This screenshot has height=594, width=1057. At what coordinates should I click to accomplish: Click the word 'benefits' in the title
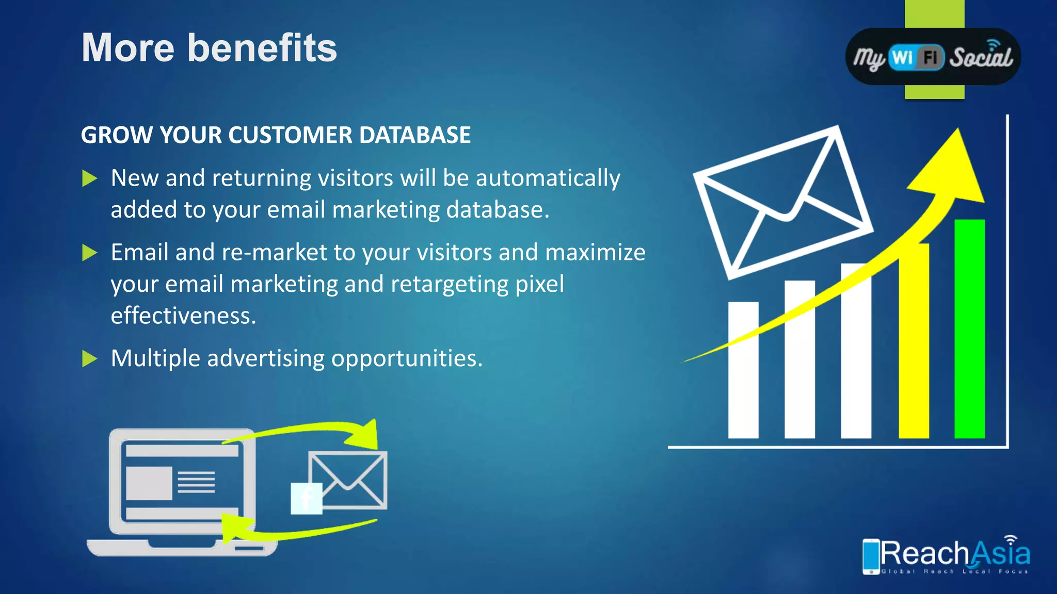(x=262, y=48)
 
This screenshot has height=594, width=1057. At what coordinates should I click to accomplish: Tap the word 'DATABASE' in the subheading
(x=414, y=135)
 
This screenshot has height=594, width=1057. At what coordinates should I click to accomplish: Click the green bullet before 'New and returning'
(x=90, y=179)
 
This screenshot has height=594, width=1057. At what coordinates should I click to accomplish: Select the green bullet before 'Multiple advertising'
(x=90, y=358)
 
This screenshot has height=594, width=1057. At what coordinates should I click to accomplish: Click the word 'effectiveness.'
(x=183, y=316)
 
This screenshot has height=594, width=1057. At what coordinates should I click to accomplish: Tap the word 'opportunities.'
(x=407, y=358)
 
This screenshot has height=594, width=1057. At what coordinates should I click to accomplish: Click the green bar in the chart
(x=969, y=330)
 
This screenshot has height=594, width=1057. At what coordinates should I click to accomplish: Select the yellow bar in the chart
(x=914, y=351)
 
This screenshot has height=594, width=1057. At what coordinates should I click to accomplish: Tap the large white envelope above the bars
(x=782, y=201)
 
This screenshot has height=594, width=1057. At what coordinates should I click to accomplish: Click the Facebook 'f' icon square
(x=307, y=498)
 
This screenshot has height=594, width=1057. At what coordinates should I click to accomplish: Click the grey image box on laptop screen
(x=149, y=483)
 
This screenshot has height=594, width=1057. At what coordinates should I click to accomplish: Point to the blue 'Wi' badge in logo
(x=903, y=57)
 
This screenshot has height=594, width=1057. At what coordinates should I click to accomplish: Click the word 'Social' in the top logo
(x=981, y=57)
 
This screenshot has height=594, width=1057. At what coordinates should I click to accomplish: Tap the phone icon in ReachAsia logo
(x=871, y=556)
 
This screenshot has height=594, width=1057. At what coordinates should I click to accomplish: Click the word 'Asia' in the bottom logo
(x=1001, y=554)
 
